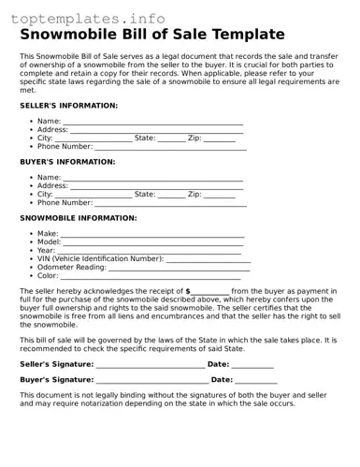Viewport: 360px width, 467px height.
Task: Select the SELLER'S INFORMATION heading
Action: click(68, 106)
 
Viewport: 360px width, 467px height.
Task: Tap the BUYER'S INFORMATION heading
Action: click(67, 162)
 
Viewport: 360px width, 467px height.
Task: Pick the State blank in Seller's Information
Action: click(172, 139)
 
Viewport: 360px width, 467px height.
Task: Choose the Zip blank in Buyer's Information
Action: click(220, 195)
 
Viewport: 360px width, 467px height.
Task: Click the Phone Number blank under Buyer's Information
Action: click(171, 203)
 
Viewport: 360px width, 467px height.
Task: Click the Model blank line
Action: click(153, 242)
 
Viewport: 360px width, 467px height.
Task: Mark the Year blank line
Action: click(151, 251)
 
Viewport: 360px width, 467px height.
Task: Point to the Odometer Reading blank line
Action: click(180, 268)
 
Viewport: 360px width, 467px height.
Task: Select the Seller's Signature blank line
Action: click(150, 365)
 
